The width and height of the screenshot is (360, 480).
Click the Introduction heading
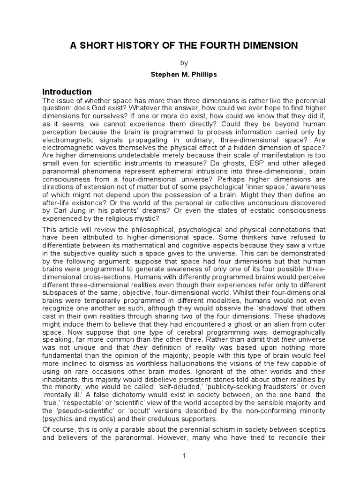coord(67,91)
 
